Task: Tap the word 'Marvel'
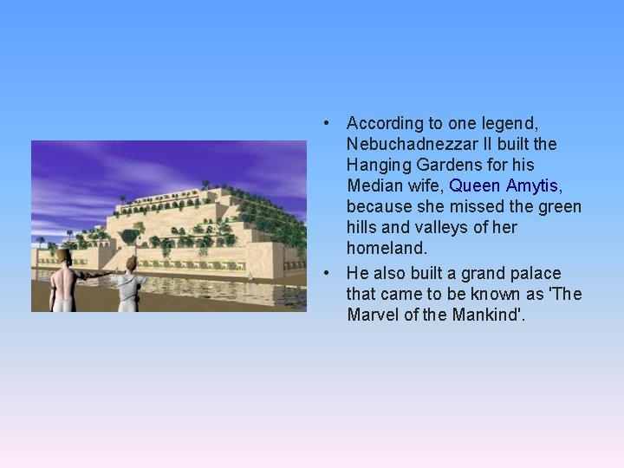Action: click(373, 315)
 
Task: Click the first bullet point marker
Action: click(323, 123)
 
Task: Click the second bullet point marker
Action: click(323, 273)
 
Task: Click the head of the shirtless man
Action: click(62, 256)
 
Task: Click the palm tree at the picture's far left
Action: click(40, 240)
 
